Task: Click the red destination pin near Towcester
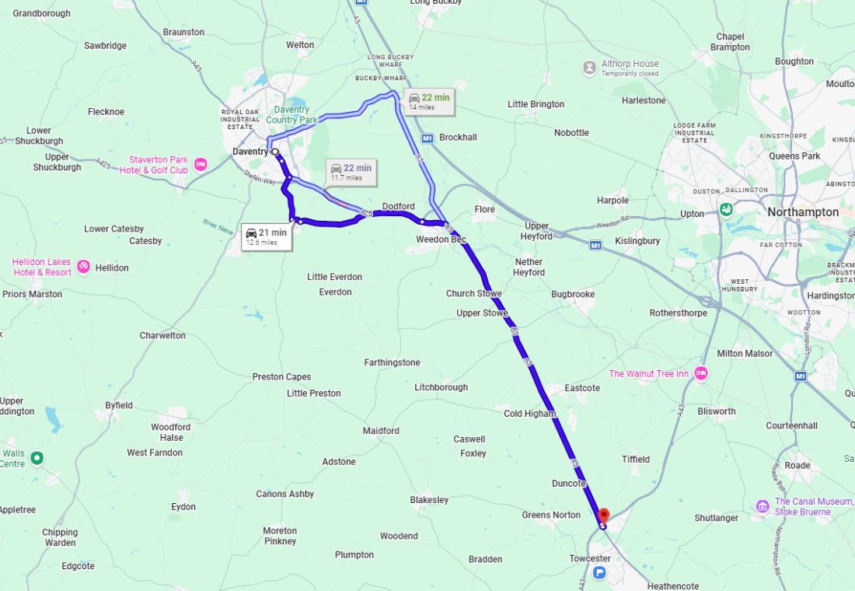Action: coord(604,515)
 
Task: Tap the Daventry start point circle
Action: coord(275,152)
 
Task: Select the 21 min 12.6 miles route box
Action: coord(267,236)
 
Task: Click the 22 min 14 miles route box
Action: coord(427,101)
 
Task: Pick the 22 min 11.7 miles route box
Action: coord(350,172)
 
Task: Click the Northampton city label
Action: coord(802,212)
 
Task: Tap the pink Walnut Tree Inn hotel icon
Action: coord(701,374)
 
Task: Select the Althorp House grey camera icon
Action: coord(590,68)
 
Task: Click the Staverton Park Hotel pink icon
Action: coord(201,164)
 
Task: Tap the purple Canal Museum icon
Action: coord(763,507)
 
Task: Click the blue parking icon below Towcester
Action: coord(599,573)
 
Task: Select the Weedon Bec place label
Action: coord(441,240)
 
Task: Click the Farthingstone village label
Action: coord(392,362)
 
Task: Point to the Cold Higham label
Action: coord(529,414)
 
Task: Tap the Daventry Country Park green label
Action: coord(291,115)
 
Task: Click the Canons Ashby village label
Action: coord(284,494)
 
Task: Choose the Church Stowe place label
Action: coord(473,293)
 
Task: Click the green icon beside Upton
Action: coord(725,209)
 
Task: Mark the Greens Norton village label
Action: coord(550,515)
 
